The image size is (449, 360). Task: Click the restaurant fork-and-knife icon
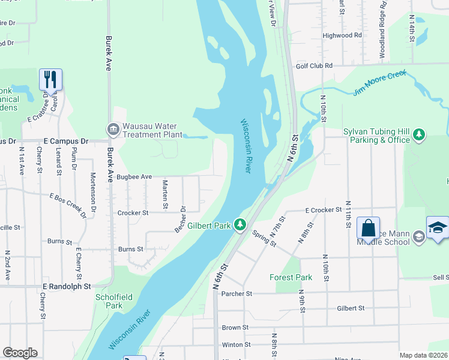[51, 79]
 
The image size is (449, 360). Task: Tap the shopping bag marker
[368, 228]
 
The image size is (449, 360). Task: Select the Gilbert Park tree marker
[240, 224]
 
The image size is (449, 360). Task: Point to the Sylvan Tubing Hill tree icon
[420, 136]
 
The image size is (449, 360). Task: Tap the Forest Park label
[291, 278]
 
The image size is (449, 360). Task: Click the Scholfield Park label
[109, 301]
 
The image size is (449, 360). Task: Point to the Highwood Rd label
[342, 35]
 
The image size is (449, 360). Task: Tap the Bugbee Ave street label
[134, 177]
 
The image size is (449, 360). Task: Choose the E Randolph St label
[66, 287]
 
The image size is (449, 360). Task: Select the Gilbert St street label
[351, 308]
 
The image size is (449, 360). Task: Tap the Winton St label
[236, 344]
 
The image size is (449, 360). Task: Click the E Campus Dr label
[66, 142]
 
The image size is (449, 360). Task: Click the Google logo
[20, 353]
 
